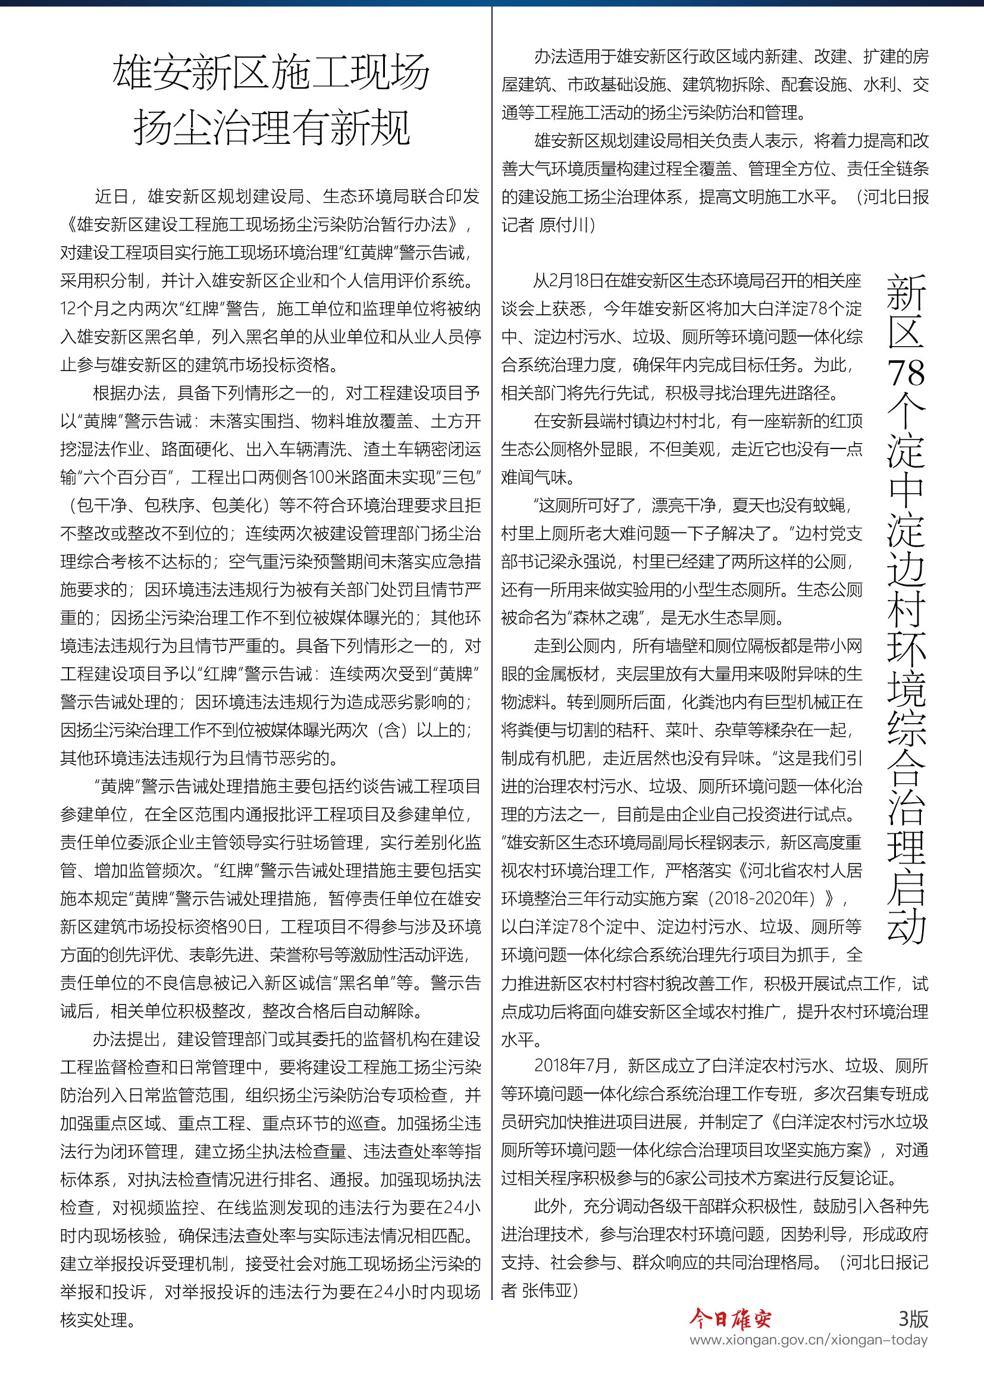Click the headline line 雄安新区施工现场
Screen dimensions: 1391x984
[271, 73]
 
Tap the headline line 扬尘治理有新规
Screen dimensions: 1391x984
[271, 128]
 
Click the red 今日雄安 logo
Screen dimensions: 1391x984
[729, 1318]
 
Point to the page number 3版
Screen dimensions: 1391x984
[913, 1318]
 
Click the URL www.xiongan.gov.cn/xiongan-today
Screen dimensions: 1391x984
[808, 1340]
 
